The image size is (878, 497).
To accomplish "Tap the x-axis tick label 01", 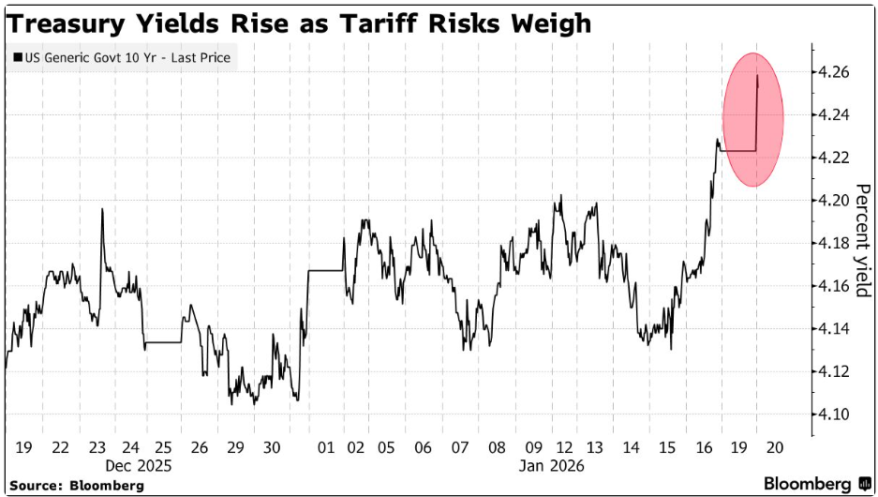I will coord(327,448).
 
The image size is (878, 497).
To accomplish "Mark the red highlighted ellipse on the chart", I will coord(752,119).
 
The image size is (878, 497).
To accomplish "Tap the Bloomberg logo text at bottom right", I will coord(807,484).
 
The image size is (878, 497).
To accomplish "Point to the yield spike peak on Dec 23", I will coord(101,209).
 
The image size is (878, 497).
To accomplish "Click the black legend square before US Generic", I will coord(17,58).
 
